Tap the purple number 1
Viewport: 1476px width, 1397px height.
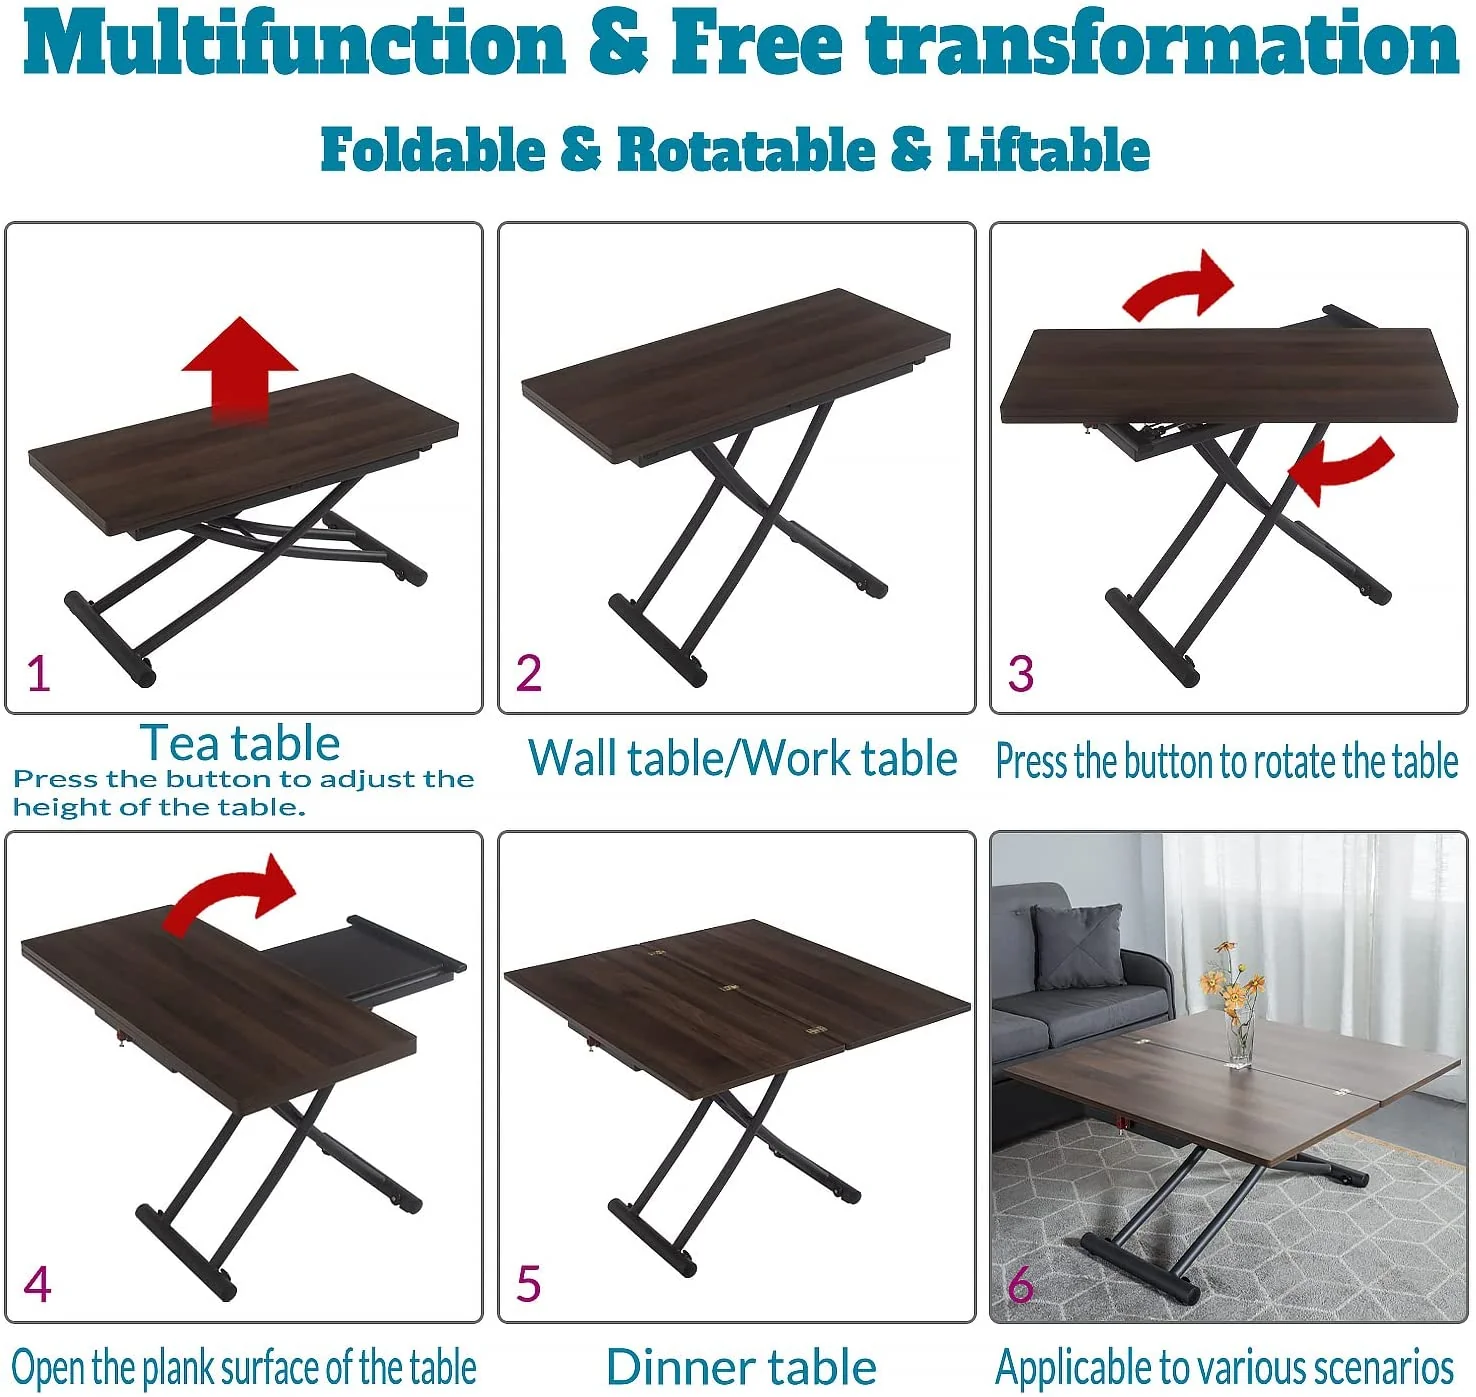tap(38, 674)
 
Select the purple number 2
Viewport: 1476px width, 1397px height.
tap(529, 674)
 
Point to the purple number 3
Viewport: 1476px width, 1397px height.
tap(1020, 674)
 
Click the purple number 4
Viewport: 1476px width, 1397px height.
tap(37, 1284)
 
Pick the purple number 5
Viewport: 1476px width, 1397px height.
tap(529, 1284)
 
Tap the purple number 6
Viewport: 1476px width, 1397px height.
tap(1020, 1284)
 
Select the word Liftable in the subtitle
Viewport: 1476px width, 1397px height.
tap(1048, 150)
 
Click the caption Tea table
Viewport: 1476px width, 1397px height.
tap(240, 743)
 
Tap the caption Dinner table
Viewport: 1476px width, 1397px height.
tap(741, 1367)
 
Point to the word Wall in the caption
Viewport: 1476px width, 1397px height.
tap(570, 758)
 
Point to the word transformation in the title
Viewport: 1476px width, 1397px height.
tap(1162, 45)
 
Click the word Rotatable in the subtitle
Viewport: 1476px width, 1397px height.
tap(746, 150)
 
